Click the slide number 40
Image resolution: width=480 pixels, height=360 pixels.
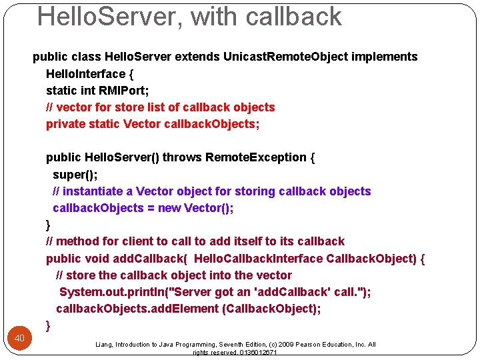(20, 339)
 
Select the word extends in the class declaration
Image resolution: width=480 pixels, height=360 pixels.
(197, 57)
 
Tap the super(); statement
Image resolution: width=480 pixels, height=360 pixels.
(70, 174)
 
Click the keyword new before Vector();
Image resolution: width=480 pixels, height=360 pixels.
(169, 208)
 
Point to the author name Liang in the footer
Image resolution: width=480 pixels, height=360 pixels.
(105, 345)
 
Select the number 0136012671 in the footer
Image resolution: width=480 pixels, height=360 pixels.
(257, 353)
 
